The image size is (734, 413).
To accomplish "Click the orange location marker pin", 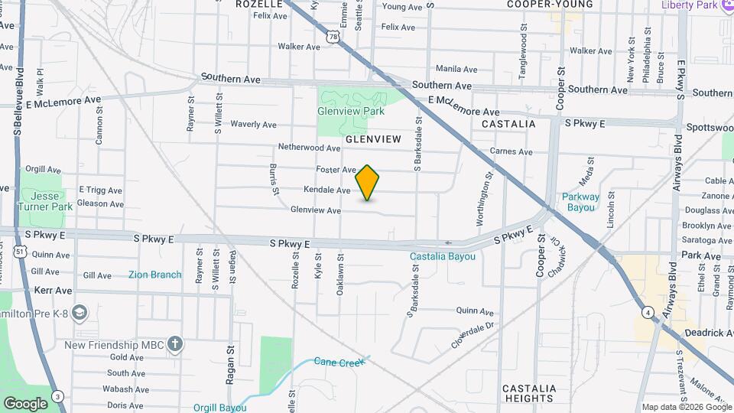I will coord(368,182).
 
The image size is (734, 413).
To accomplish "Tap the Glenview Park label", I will coord(350,111).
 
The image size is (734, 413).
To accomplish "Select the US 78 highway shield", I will coord(330,37).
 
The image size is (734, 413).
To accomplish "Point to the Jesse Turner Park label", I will coord(45,201).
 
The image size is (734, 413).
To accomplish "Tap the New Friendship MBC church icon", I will coord(175,344).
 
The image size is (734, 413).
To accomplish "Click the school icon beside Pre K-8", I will coord(80,312).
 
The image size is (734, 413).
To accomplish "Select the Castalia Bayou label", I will coord(442,256).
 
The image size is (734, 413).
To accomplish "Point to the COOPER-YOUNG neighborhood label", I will coord(550,4).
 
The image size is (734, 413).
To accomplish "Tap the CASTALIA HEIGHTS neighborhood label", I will coord(529,393).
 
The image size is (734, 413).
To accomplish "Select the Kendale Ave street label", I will coord(326,190).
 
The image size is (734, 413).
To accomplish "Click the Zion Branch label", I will coord(155,275).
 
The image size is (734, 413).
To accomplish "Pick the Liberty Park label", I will coord(695,5).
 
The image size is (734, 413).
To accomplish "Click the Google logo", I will coord(25,403).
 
